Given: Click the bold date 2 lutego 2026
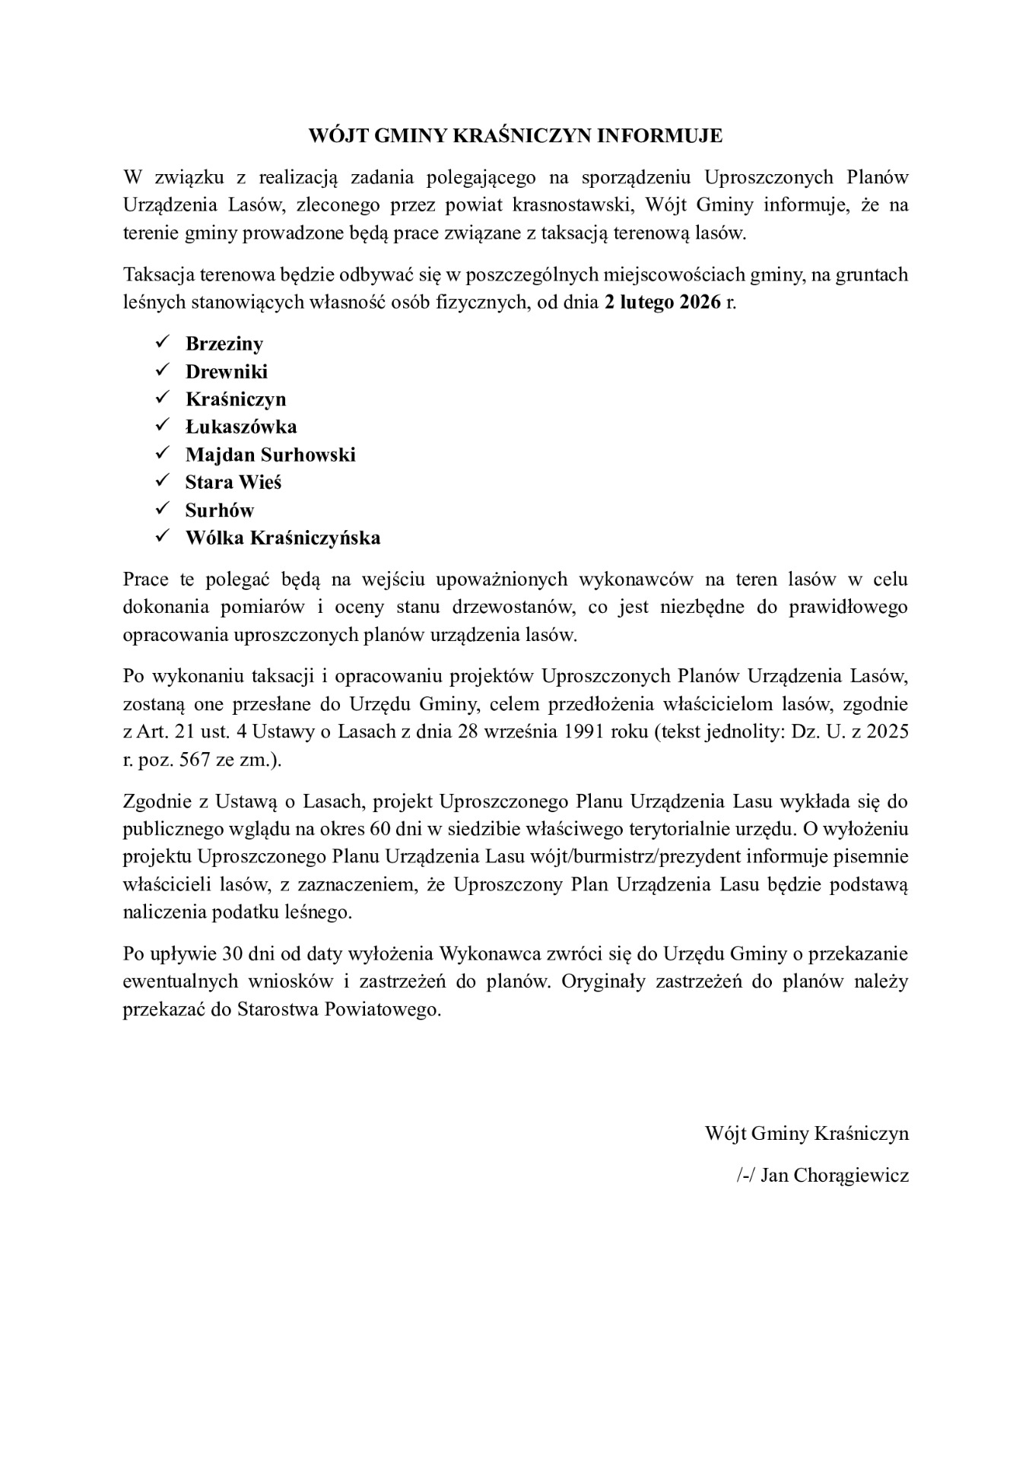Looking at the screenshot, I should click(662, 303).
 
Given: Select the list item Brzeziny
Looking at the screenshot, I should click(224, 344).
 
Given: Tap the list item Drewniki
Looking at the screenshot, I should click(227, 372).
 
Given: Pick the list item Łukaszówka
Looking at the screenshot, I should click(241, 427).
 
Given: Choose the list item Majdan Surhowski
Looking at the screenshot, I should click(271, 455).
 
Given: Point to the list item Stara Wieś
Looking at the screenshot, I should click(233, 483).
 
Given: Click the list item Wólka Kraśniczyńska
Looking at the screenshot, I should click(283, 538).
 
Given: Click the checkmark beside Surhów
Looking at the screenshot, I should click(162, 509).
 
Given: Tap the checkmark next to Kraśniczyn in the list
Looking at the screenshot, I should click(162, 398).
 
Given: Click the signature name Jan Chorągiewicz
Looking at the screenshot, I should click(834, 1176).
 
